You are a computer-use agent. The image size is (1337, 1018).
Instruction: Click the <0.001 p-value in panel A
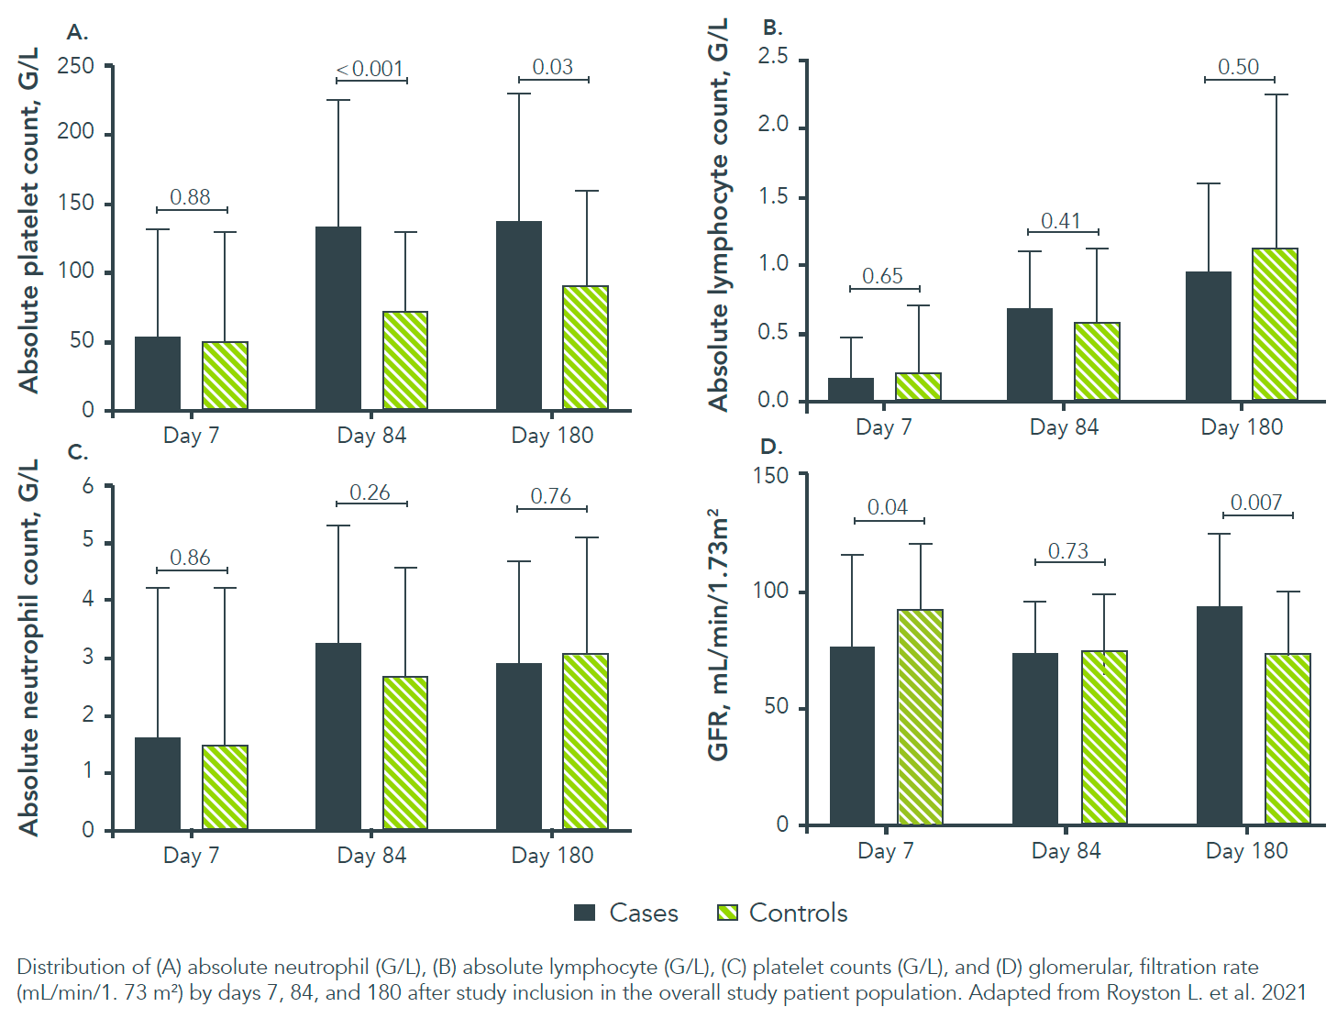370,69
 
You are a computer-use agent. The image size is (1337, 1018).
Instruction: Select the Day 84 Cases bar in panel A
337,317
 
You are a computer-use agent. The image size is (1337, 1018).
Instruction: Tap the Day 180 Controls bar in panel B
1275,324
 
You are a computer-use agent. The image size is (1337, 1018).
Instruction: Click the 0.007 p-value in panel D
1255,503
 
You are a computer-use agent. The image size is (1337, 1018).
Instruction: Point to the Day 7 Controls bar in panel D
920,716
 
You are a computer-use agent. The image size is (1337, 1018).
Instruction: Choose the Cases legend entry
626,913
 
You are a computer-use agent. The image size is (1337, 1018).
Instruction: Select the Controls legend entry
782,913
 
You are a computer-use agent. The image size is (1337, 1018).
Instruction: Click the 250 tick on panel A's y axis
75,66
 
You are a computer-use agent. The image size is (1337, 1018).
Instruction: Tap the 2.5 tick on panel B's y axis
772,57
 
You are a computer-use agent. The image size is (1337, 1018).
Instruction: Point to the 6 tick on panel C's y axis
88,486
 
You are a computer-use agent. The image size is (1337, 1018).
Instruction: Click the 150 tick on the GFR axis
770,475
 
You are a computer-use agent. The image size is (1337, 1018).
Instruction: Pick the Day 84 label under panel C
371,856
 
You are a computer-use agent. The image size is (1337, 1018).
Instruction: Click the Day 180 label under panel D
1246,851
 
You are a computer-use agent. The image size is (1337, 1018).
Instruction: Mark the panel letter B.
772,28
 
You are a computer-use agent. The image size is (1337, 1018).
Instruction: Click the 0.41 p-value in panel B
1060,221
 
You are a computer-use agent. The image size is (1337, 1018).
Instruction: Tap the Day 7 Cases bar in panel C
157,783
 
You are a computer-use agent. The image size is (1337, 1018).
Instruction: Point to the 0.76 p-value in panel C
550,496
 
